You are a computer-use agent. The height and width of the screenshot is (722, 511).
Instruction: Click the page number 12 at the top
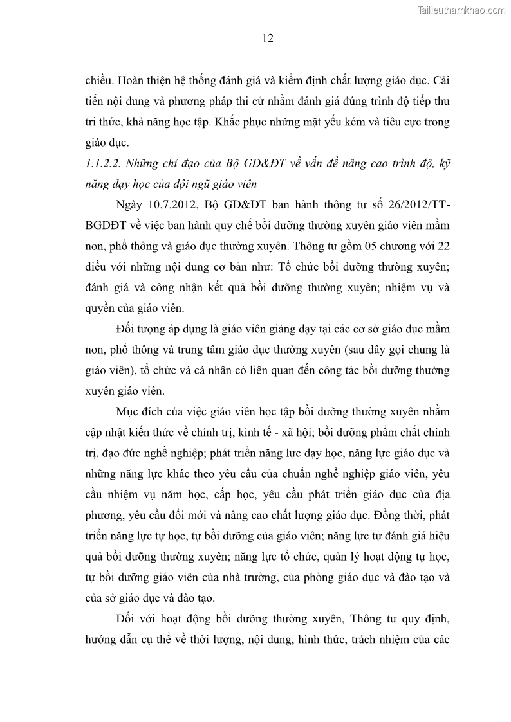point(268,39)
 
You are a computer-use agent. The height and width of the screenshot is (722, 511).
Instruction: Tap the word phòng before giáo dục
point(335,577)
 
